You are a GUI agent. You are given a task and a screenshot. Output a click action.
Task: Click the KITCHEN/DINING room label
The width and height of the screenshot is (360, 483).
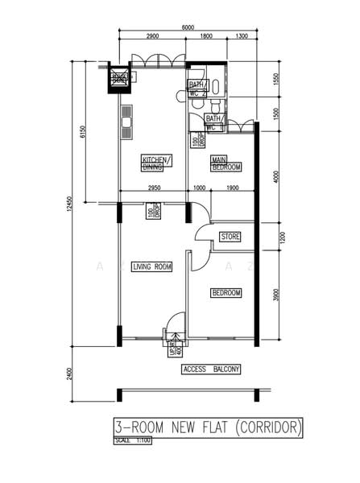point(155,163)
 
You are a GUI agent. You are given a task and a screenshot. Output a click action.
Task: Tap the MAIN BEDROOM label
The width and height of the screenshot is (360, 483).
point(226,163)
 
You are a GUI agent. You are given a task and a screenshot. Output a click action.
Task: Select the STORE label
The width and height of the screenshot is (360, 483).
point(230,237)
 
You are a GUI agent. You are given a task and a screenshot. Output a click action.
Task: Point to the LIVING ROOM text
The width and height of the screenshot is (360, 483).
point(152,266)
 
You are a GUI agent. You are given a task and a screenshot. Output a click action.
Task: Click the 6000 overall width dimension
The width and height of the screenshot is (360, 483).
point(188,28)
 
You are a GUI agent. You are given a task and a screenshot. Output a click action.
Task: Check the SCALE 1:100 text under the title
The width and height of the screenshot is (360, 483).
point(134,440)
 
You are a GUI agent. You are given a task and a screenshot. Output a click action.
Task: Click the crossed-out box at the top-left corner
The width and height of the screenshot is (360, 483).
point(119,79)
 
